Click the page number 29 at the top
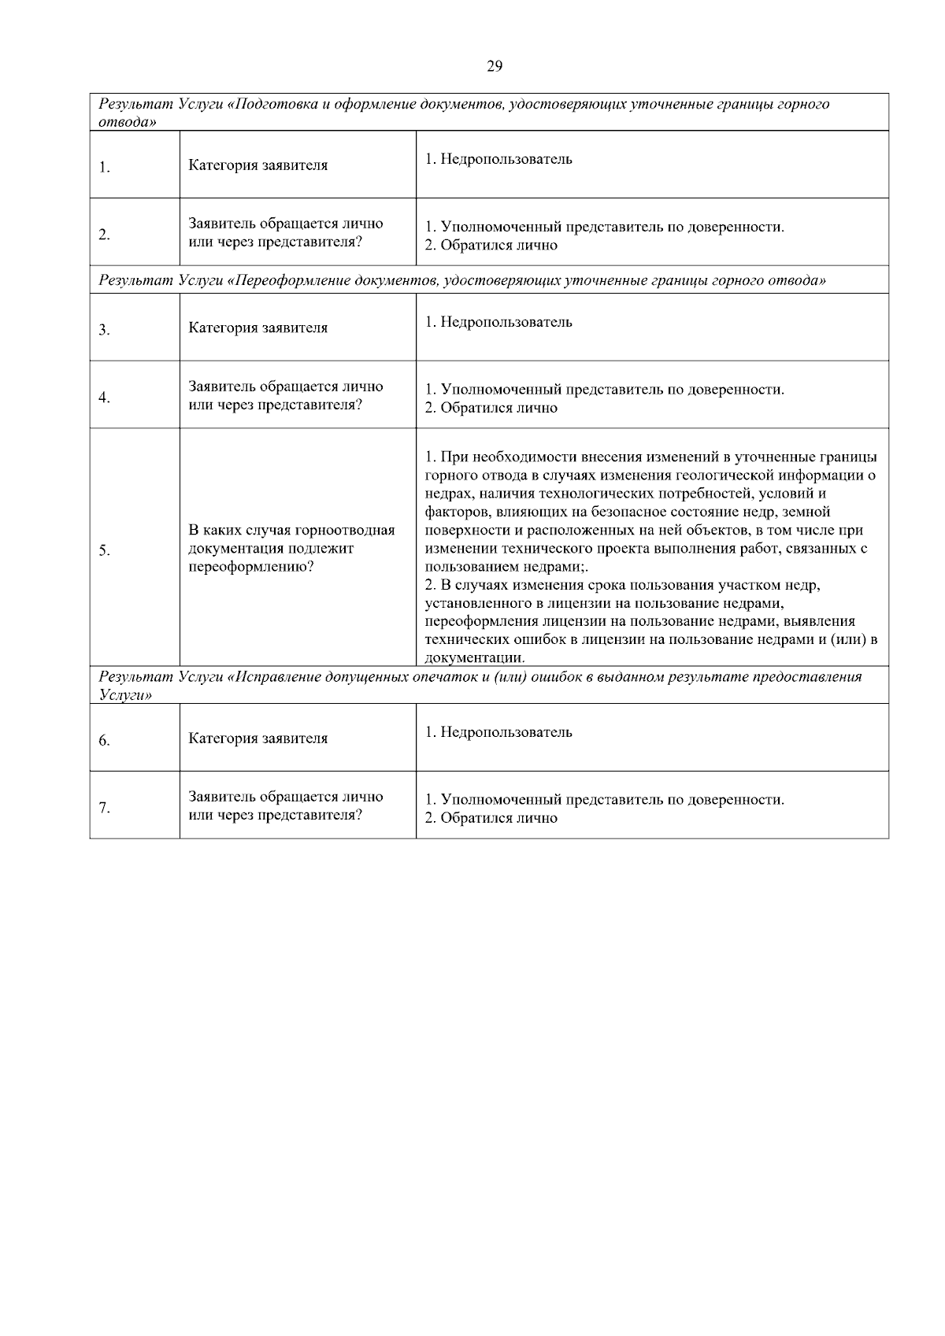(495, 66)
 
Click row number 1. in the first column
(104, 167)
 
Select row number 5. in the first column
(104, 550)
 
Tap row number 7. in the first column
(104, 808)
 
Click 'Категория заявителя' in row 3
(258, 328)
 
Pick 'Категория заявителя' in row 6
(258, 738)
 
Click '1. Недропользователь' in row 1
(498, 159)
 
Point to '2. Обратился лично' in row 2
(491, 245)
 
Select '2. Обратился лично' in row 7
(491, 818)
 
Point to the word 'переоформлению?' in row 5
(250, 567)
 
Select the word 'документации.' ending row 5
(475, 657)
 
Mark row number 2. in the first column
(104, 235)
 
